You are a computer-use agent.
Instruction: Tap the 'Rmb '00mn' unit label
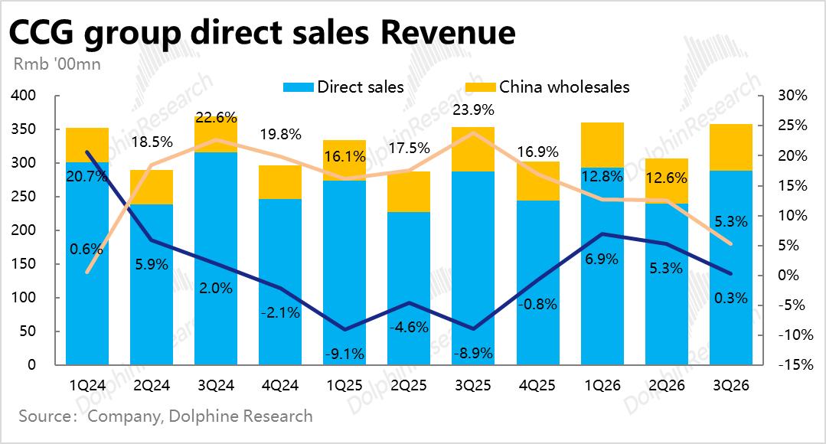coord(57,64)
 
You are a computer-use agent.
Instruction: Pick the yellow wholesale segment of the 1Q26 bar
coord(602,145)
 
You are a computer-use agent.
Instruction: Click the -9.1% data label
coord(343,354)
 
